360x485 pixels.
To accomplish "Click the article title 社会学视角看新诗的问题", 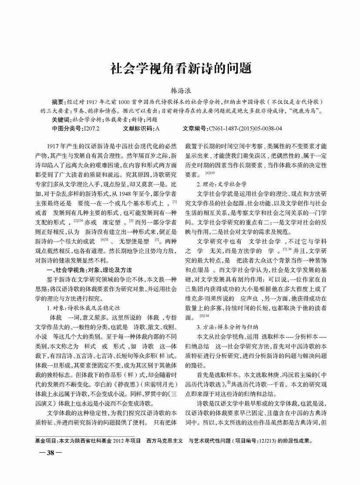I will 180,68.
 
